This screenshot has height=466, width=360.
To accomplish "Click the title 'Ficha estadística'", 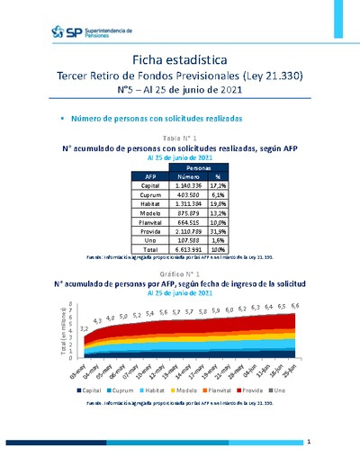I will [179, 58].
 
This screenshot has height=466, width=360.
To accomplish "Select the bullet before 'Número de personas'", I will [61, 118].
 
